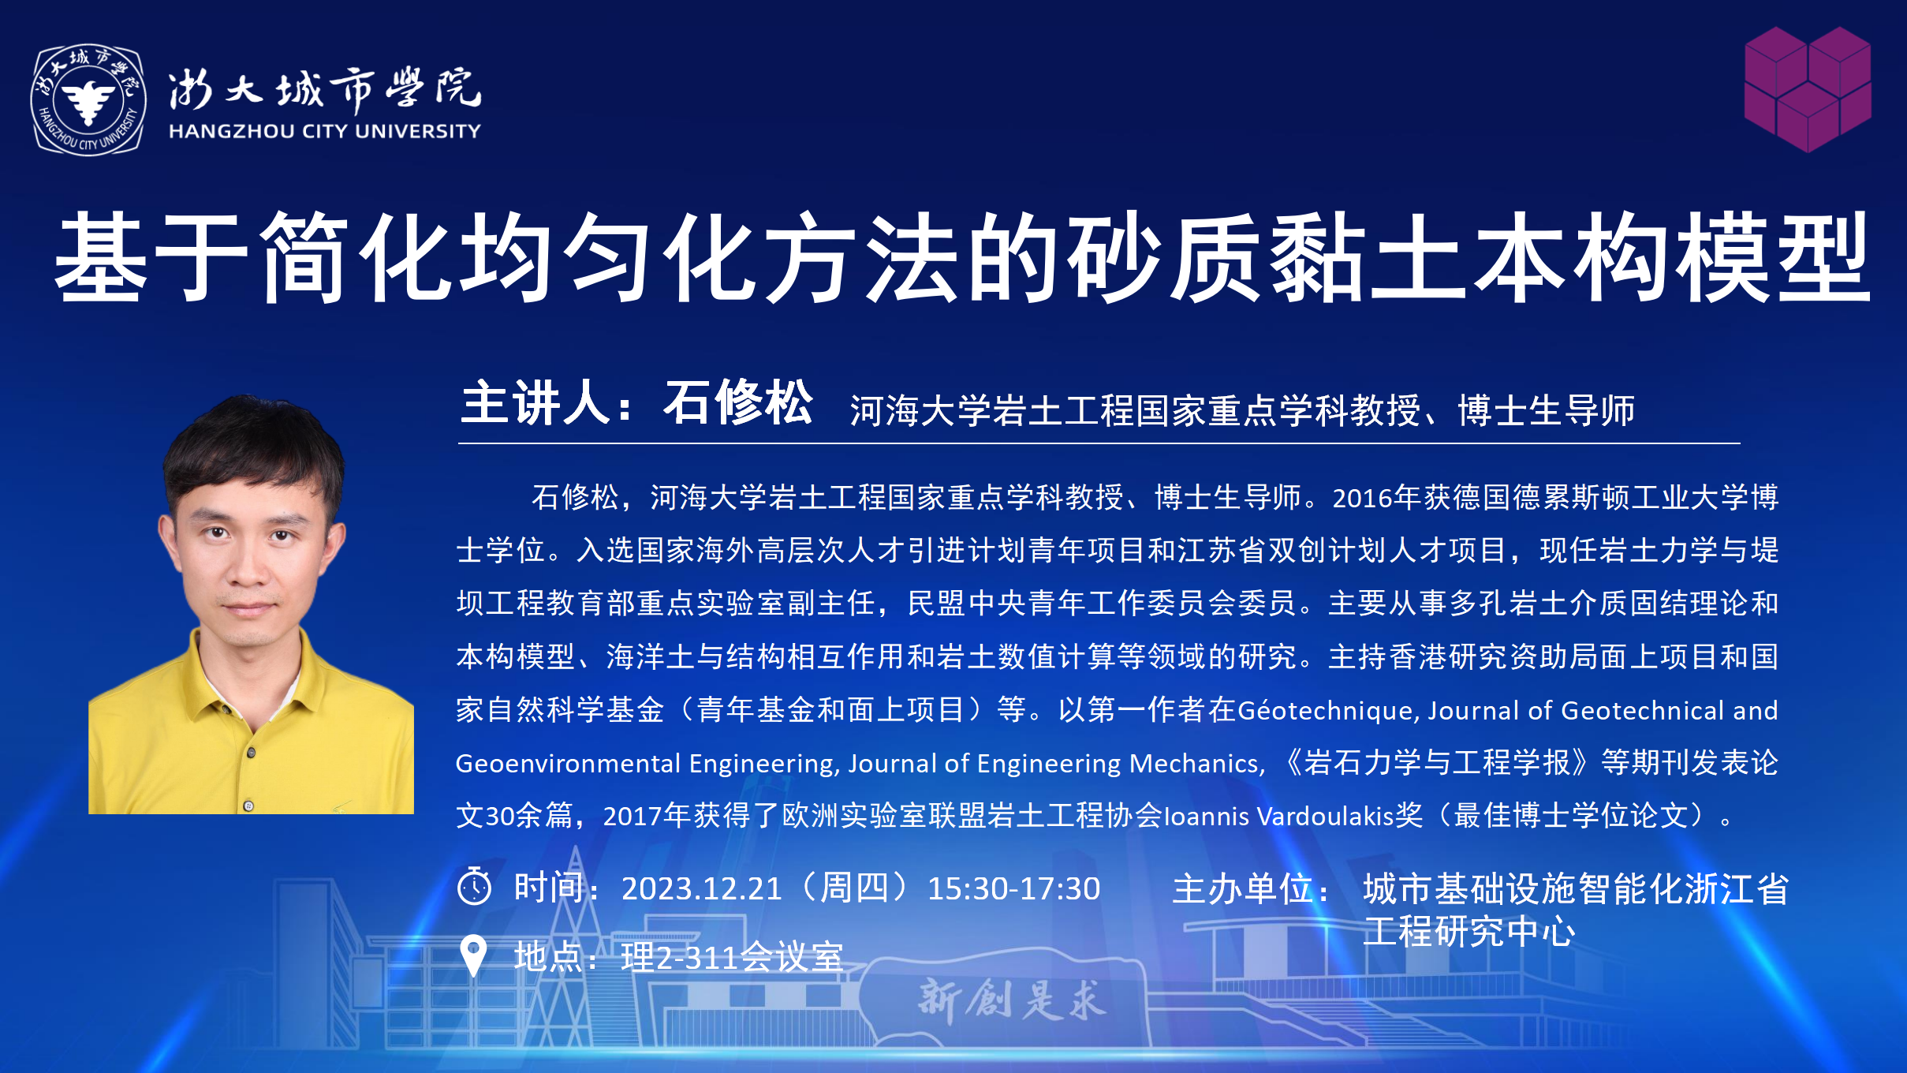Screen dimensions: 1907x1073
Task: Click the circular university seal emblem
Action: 88,99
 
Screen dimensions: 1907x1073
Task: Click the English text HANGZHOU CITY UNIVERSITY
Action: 325,131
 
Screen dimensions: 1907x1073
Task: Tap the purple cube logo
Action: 1808,89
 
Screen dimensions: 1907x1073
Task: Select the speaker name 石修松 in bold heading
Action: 738,402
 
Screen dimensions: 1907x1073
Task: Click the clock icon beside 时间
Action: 475,886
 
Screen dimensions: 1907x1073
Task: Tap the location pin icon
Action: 473,955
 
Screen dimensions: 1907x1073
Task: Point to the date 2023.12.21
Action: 701,889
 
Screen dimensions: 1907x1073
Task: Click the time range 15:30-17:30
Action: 1013,889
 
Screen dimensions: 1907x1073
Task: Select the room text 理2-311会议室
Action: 732,958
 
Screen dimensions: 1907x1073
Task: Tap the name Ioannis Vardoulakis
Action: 1274,816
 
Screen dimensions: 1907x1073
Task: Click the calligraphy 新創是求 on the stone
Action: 1013,1000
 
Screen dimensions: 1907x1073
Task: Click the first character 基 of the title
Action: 100,257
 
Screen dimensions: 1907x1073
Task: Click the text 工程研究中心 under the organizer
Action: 1469,932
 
